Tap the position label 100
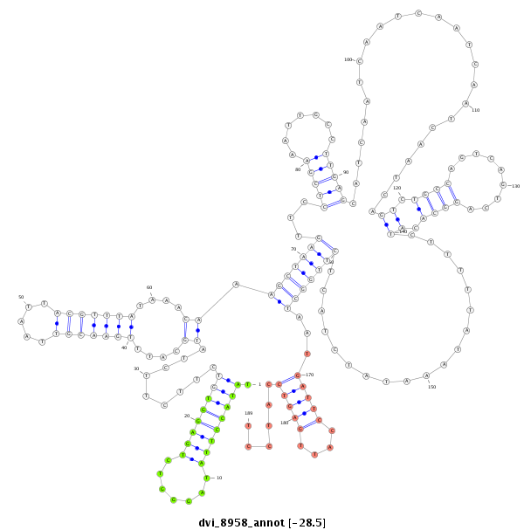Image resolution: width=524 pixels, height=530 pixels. [348, 60]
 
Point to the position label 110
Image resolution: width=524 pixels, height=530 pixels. [476, 110]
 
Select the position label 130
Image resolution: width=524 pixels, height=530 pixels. [515, 186]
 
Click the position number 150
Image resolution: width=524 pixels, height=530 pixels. [431, 387]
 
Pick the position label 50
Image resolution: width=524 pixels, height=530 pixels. [21, 297]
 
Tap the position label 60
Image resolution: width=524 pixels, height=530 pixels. [149, 287]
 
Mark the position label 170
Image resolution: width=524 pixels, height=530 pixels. [309, 375]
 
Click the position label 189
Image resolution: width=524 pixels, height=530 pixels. [248, 413]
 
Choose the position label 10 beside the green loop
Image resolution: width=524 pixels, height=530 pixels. [218, 478]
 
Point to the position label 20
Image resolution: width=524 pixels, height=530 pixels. [187, 416]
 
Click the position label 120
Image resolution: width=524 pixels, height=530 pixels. [396, 188]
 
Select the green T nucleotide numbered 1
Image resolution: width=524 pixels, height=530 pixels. [248, 384]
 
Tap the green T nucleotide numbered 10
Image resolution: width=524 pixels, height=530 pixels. [206, 478]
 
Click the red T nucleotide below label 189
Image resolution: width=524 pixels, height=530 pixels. [248, 426]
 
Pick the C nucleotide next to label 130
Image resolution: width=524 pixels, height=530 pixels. [503, 185]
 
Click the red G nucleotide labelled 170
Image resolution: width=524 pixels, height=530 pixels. [298, 375]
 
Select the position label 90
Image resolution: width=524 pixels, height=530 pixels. [346, 172]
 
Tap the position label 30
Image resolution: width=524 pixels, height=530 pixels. [137, 368]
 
